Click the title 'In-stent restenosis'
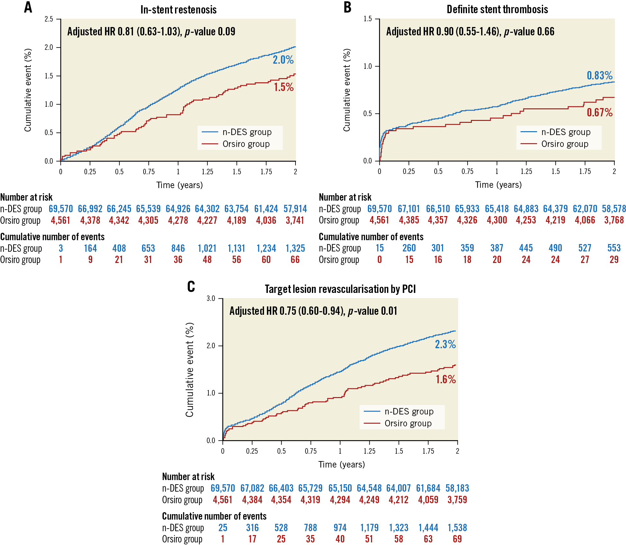(x=178, y=10)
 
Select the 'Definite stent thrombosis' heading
(x=497, y=9)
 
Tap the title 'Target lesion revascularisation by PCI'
(x=340, y=289)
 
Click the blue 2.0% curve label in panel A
(x=283, y=60)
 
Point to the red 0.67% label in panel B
(x=599, y=113)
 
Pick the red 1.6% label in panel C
(x=445, y=379)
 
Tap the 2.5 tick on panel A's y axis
(x=49, y=19)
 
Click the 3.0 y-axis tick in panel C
(x=211, y=298)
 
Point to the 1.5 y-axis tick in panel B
(x=367, y=19)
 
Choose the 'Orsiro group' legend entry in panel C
(x=408, y=423)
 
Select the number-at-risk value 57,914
(x=295, y=209)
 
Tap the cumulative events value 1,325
(x=295, y=248)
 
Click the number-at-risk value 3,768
(x=614, y=220)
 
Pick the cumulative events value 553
(x=614, y=248)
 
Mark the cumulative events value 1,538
(x=457, y=528)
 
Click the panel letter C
(x=191, y=286)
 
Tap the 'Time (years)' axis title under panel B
(x=498, y=185)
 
